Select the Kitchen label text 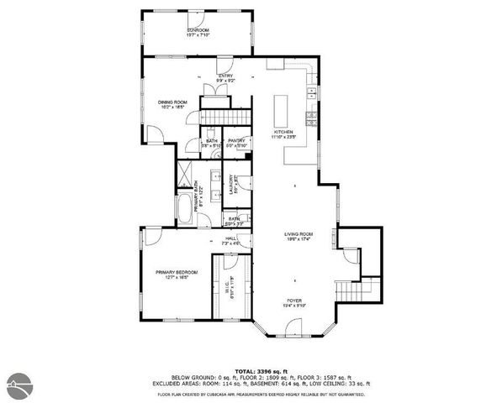(x=283, y=133)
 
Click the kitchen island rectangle (x=282, y=107)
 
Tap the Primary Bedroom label (x=175, y=275)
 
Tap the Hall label (x=231, y=241)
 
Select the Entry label (x=225, y=77)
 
